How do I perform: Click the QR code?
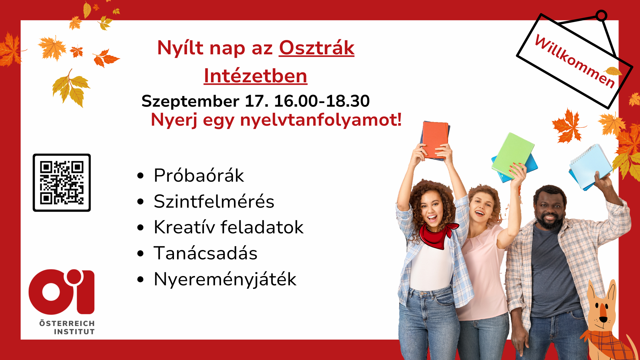coord(62,183)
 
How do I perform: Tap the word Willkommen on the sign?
coord(575,62)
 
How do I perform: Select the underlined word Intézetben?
coord(255,76)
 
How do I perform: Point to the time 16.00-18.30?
coord(322,101)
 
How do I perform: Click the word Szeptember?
coord(190,102)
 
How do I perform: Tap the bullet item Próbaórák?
coord(199,175)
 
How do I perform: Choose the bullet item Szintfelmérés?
coord(214,201)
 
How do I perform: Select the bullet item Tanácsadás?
coord(205,253)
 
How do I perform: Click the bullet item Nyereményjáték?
coord(225,279)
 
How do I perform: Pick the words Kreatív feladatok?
coord(229,227)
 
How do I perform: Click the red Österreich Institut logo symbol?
coord(62,292)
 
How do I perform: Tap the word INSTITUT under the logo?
coord(74,332)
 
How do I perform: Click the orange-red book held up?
coord(435,140)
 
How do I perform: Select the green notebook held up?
coord(513,155)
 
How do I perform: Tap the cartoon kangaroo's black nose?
coord(603,319)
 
